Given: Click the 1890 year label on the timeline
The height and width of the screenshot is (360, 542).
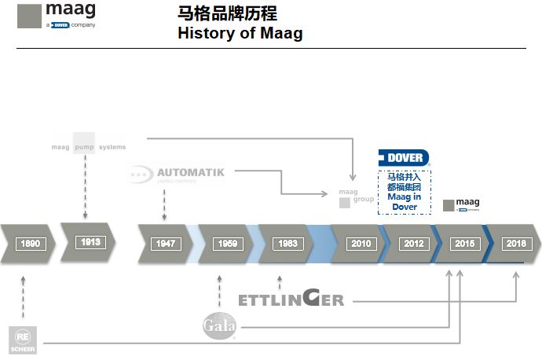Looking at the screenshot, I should (x=31, y=244).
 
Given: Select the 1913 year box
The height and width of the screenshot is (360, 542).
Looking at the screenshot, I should (x=90, y=242).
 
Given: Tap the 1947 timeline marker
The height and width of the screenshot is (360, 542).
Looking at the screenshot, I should (x=165, y=244).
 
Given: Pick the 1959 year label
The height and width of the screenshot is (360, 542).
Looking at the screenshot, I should (x=225, y=244).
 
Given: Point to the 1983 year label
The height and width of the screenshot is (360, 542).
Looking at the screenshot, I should (x=287, y=244).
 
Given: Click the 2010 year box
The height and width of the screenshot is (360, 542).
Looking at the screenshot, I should (x=361, y=244).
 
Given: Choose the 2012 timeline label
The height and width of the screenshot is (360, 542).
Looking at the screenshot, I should (x=414, y=244).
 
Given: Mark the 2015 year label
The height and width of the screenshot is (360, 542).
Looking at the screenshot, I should (x=466, y=244).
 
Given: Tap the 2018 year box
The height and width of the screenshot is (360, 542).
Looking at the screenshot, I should (x=516, y=244).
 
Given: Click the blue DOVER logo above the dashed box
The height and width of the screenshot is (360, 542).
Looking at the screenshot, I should (x=404, y=157).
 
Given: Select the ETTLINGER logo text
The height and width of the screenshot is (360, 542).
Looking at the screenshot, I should (x=291, y=299).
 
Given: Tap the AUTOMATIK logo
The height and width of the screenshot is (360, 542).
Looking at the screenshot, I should (x=178, y=174).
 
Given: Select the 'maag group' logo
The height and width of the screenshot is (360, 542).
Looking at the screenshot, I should (x=348, y=197).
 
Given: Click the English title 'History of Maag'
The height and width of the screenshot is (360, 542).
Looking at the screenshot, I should (x=240, y=33).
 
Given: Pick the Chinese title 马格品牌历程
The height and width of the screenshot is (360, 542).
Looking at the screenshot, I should (x=227, y=14).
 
